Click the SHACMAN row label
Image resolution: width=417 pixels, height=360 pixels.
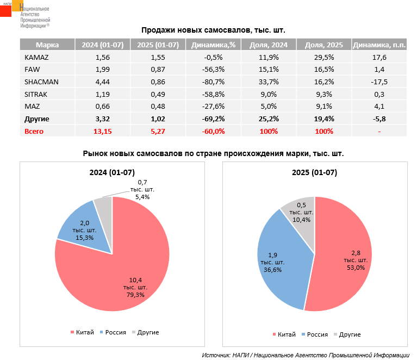(41, 82)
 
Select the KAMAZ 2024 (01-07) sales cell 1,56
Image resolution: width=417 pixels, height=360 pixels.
(102, 57)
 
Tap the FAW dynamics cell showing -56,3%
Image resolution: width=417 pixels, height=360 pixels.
(213, 70)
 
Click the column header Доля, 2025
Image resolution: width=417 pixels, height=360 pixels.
(324, 45)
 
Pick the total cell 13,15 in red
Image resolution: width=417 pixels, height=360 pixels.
(102, 131)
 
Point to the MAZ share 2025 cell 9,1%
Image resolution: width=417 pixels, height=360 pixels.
(324, 106)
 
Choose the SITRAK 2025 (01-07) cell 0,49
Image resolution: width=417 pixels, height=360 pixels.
(158, 94)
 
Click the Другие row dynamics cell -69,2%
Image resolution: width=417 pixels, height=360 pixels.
(213, 119)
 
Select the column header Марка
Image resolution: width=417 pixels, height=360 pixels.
(47, 45)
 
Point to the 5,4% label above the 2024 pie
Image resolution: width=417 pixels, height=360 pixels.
(142, 197)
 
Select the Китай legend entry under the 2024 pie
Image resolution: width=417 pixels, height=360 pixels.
(82, 332)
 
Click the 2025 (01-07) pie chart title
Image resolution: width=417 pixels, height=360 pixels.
(314, 173)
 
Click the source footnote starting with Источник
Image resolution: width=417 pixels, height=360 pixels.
(305, 355)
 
